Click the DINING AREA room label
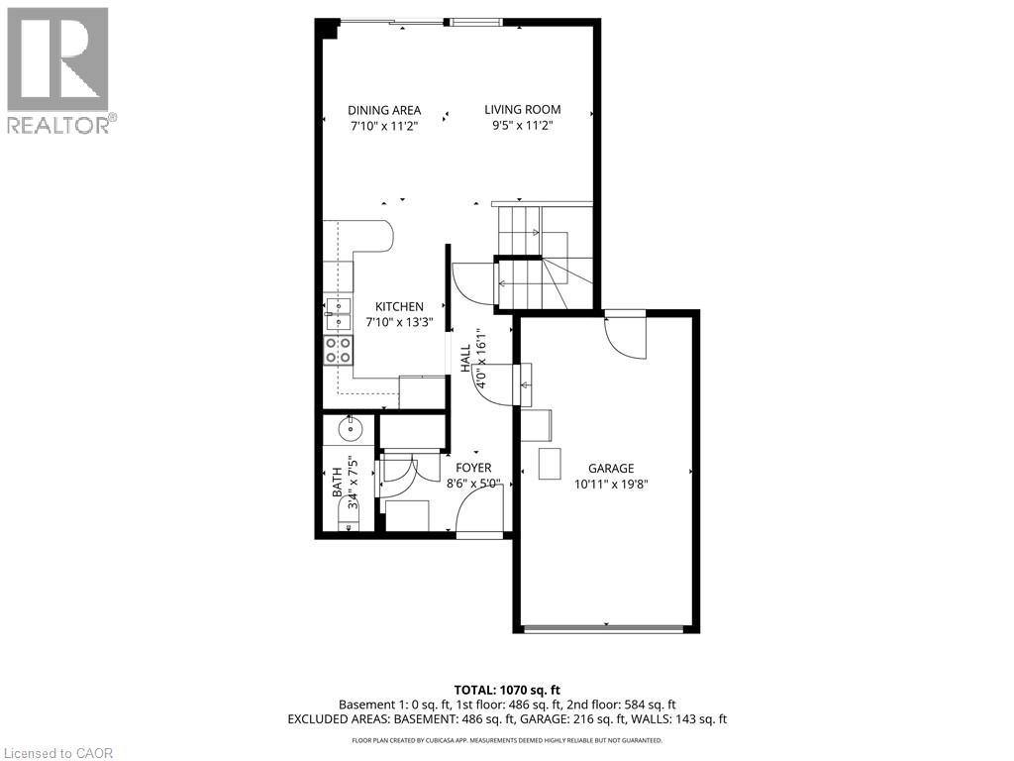pyautogui.click(x=384, y=110)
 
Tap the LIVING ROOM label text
pyautogui.click(x=522, y=110)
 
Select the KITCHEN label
pyautogui.click(x=399, y=307)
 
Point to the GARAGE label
pyautogui.click(x=610, y=469)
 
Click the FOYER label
pyautogui.click(x=472, y=468)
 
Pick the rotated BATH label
pyautogui.click(x=337, y=483)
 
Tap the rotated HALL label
pyautogui.click(x=465, y=359)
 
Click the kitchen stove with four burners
pyautogui.click(x=338, y=349)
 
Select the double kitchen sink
pyautogui.click(x=338, y=313)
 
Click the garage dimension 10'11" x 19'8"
pyautogui.click(x=610, y=485)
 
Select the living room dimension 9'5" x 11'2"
pyautogui.click(x=522, y=126)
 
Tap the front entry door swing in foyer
pyautogui.click(x=479, y=510)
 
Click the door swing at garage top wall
pyautogui.click(x=626, y=337)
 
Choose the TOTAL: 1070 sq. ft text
pyautogui.click(x=507, y=690)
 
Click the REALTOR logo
pyautogui.click(x=58, y=70)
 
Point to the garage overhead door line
pyautogui.click(x=605, y=628)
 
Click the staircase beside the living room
pyautogui.click(x=543, y=258)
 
